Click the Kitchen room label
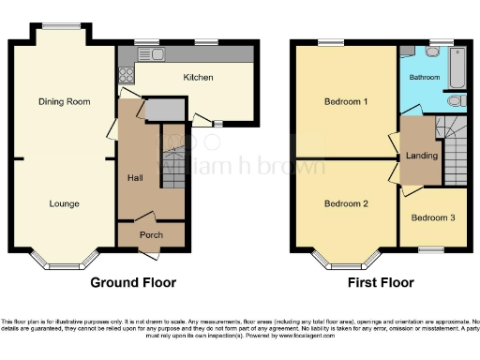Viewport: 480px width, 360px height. pos(198,78)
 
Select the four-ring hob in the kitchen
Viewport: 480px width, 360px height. pos(126,73)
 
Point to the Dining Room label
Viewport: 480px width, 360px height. pos(64,101)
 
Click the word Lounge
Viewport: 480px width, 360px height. pos(64,203)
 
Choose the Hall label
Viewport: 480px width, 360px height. pos(135,178)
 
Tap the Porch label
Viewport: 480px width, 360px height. pos(151,234)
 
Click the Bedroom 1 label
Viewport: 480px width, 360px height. pos(345,101)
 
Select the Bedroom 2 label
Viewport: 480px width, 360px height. pos(345,203)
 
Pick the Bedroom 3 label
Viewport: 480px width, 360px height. pos(433,217)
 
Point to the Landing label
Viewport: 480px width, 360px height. pos(421,155)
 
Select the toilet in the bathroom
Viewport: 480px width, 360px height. pos(456,100)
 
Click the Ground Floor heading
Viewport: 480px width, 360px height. pos(134,281)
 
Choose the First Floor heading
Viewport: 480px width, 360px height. pos(382,281)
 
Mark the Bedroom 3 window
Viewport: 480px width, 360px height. pos(431,247)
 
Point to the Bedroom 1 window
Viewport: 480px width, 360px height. pos(329,41)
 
